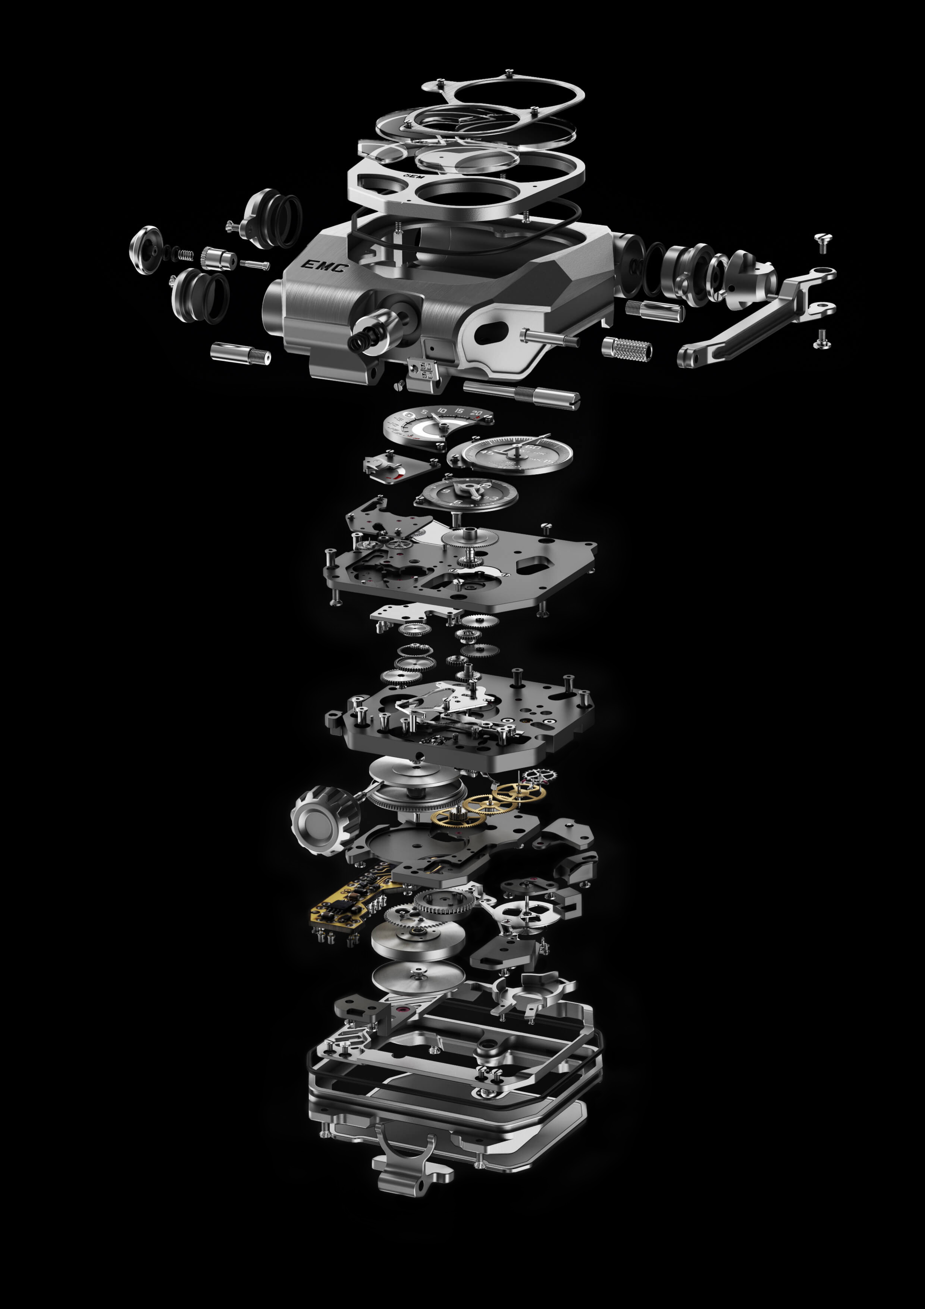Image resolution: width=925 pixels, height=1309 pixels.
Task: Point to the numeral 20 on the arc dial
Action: pyautogui.click(x=476, y=413)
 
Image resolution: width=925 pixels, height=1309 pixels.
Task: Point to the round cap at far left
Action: pyautogui.click(x=145, y=250)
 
